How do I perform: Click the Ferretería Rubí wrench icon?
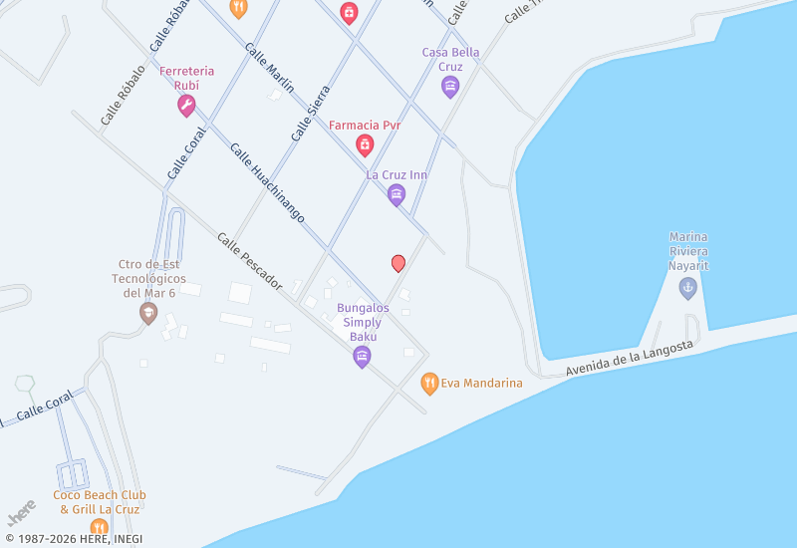point(186,107)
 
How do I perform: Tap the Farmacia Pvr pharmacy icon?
point(365,145)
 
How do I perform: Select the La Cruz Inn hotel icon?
point(397,194)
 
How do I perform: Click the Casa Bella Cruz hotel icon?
point(450,87)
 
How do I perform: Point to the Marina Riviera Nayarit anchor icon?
point(687,288)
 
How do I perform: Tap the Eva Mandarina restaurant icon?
point(429,383)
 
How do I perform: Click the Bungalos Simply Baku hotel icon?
point(363,357)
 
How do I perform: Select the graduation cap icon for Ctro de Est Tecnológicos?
point(148,313)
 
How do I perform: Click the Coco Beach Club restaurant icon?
point(99,527)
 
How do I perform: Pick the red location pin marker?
point(398,263)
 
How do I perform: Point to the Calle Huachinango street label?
point(267,182)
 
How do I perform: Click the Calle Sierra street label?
point(310,113)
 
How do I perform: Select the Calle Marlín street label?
point(269,69)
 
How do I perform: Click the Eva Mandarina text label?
point(481,383)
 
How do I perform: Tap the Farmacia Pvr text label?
point(365,126)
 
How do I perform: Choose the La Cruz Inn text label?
point(397,175)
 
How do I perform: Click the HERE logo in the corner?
point(21,512)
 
